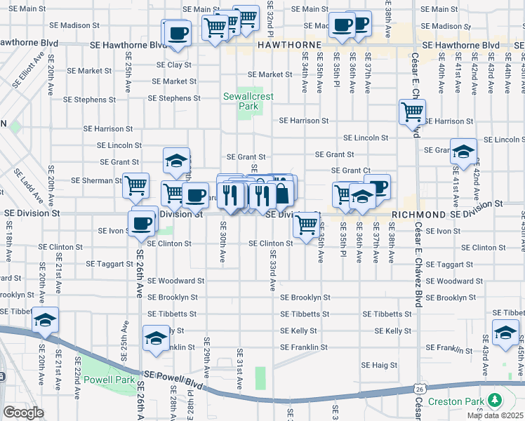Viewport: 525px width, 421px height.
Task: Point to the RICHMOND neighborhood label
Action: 418,214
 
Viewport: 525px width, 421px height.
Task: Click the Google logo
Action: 23,412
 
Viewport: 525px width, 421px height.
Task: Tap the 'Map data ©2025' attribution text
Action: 494,415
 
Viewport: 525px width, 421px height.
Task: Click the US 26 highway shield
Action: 419,387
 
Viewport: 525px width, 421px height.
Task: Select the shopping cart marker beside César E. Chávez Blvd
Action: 412,111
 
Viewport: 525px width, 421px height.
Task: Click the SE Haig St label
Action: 379,365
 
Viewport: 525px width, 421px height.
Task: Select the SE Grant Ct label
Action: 351,171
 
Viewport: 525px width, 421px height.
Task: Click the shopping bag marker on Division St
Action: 281,193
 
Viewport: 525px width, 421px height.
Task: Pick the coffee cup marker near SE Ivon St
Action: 143,222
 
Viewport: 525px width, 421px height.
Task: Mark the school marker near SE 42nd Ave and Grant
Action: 463,152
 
